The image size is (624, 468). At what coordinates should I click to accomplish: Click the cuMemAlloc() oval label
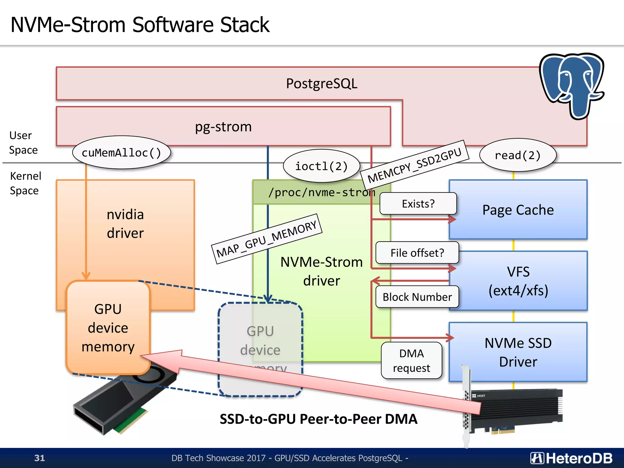[x=121, y=152]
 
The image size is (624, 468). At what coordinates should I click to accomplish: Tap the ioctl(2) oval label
[x=321, y=166]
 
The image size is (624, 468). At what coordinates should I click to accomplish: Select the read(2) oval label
[x=517, y=155]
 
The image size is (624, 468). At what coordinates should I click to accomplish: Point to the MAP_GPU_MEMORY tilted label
[x=267, y=239]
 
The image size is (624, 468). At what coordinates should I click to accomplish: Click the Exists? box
[x=418, y=204]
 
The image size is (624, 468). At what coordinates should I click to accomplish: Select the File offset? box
[x=417, y=253]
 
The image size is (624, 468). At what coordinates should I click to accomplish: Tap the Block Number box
[x=417, y=297]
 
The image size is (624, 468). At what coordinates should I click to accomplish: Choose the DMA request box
[x=411, y=360]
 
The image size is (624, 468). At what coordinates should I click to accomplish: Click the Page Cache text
[x=518, y=210]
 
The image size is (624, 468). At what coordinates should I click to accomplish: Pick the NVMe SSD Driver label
[x=518, y=352]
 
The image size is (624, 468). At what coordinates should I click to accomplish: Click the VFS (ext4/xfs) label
[x=518, y=281]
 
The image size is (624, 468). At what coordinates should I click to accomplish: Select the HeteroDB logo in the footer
[x=571, y=458]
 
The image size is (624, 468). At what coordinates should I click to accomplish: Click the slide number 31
[x=40, y=458]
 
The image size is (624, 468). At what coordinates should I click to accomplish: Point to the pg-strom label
[x=223, y=126]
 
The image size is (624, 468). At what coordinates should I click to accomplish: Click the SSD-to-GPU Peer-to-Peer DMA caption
[x=318, y=419]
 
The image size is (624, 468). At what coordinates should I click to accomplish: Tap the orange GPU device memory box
[x=108, y=328]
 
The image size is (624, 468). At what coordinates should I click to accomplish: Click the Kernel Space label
[x=25, y=183]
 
